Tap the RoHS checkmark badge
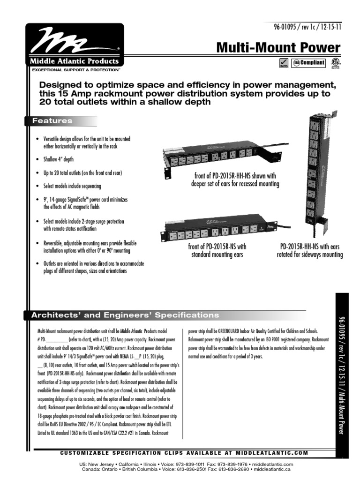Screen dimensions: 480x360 tap(284, 63)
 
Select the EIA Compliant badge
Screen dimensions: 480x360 tap(308, 63)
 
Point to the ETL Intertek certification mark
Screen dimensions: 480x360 tap(335, 63)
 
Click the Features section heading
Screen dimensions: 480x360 tap(52, 121)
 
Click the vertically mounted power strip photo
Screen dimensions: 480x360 tap(317, 176)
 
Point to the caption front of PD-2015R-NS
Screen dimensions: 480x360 tap(217, 250)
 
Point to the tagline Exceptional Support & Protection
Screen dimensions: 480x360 tap(76, 69)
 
